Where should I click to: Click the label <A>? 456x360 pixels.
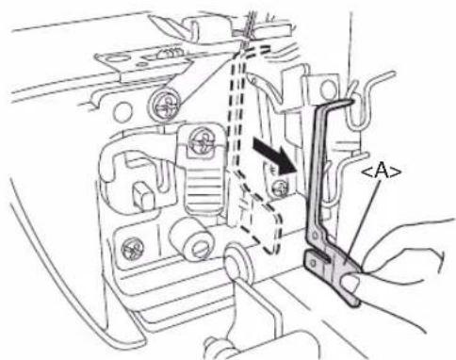pyautogui.click(x=382, y=172)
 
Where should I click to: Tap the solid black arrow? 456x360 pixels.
pyautogui.click(x=275, y=156)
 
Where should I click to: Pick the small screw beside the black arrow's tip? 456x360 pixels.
pyautogui.click(x=279, y=188)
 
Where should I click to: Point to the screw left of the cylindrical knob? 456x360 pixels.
pyautogui.click(x=133, y=249)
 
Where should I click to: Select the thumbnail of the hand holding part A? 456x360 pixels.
pyautogui.click(x=353, y=282)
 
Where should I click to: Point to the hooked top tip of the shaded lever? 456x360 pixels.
pyautogui.click(x=347, y=101)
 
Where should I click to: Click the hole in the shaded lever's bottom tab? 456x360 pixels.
pyautogui.click(x=312, y=264)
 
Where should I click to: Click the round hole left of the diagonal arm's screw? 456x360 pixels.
pyautogui.click(x=122, y=112)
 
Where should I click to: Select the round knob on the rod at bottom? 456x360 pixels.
pyautogui.click(x=238, y=263)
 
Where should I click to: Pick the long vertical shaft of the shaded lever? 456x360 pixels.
pyautogui.click(x=317, y=168)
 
